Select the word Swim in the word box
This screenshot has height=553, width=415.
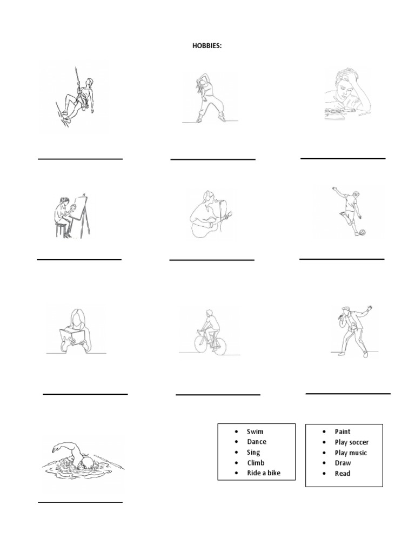click(x=255, y=431)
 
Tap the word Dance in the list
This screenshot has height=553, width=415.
click(x=257, y=442)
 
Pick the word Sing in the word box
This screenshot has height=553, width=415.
click(x=253, y=452)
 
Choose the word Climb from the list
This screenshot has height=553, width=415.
click(x=256, y=463)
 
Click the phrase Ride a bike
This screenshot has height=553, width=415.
click(x=264, y=473)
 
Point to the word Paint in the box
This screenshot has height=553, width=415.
click(x=343, y=431)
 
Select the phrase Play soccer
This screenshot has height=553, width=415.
click(x=352, y=442)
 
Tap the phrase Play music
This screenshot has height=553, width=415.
click(x=351, y=453)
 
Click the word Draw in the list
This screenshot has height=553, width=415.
click(x=343, y=463)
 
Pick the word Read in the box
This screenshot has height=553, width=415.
click(x=343, y=473)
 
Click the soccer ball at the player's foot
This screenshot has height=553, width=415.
click(x=362, y=233)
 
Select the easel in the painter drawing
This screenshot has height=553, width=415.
click(x=83, y=216)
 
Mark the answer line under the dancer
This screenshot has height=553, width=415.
click(x=213, y=159)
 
